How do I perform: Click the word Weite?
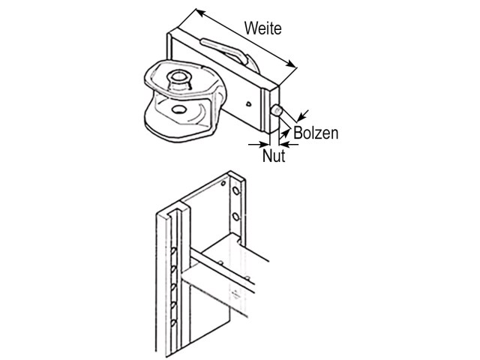pyautogui.click(x=263, y=28)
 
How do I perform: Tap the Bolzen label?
pyautogui.click(x=316, y=133)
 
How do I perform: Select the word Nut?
pyautogui.click(x=274, y=155)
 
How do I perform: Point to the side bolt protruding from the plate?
pyautogui.click(x=277, y=110)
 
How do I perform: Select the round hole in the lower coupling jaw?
pyautogui.click(x=178, y=109)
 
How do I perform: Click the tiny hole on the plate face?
pyautogui.click(x=249, y=103)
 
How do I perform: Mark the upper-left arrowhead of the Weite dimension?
pyautogui.click(x=199, y=12)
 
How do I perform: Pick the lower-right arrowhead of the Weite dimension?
pyautogui.click(x=292, y=64)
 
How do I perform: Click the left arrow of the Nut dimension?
pyautogui.click(x=259, y=144)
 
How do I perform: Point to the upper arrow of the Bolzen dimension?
pyautogui.click(x=303, y=115)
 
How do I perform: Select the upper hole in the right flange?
pyautogui.click(x=235, y=190)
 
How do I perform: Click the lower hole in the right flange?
pyautogui.click(x=235, y=217)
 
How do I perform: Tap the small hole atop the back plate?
pyautogui.click(x=223, y=184)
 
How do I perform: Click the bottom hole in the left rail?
pyautogui.click(x=173, y=322)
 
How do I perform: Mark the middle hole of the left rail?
pyautogui.click(x=173, y=287)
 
